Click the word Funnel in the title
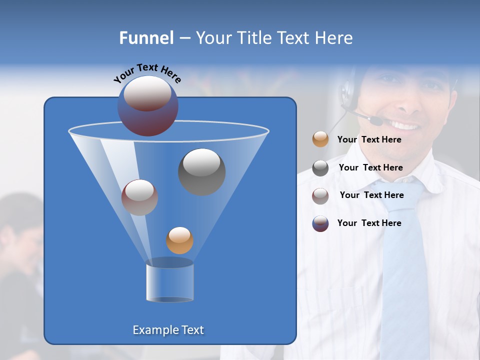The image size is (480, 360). (146, 38)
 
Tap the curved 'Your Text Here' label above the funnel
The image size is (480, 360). (147, 73)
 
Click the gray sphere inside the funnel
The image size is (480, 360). (201, 171)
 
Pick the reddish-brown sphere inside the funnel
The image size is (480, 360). (139, 197)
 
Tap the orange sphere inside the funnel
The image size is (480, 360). (179, 240)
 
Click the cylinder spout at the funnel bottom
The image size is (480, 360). (169, 281)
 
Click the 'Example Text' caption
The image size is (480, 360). (168, 330)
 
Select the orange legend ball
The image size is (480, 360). (320, 139)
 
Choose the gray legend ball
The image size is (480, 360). (320, 168)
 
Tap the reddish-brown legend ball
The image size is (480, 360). (320, 195)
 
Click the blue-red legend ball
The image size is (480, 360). (320, 223)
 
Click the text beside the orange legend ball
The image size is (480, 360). (369, 139)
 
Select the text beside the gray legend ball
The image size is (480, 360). (370, 167)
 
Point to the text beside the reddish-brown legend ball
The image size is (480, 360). (371, 195)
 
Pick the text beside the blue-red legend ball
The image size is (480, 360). (369, 223)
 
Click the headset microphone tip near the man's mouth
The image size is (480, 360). (375, 120)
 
